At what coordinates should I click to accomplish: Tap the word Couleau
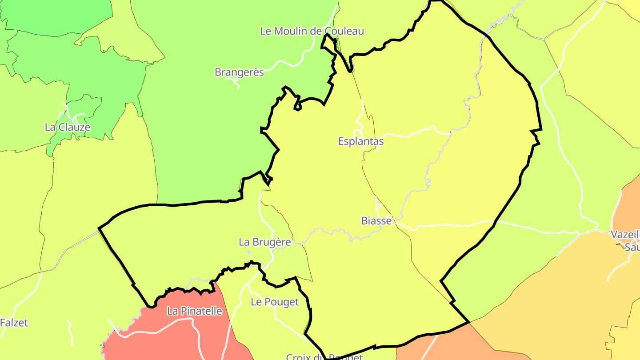tap(345, 31)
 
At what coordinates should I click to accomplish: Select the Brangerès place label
tap(239, 72)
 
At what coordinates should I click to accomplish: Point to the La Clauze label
tap(68, 127)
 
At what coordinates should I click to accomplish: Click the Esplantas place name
tap(361, 141)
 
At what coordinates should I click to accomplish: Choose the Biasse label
tap(376, 220)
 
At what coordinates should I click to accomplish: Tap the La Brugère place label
tap(265, 242)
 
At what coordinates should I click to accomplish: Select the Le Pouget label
tap(275, 302)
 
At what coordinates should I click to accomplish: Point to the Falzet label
tap(14, 323)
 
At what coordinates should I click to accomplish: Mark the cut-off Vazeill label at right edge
tap(625, 235)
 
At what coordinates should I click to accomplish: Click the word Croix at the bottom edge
tap(298, 357)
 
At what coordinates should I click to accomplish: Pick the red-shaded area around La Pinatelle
tap(178, 338)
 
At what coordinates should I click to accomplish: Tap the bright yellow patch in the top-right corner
tap(631, 5)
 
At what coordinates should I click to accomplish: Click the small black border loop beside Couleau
tap(329, 42)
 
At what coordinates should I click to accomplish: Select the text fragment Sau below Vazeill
tap(632, 247)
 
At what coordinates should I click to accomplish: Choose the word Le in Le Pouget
tap(256, 302)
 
